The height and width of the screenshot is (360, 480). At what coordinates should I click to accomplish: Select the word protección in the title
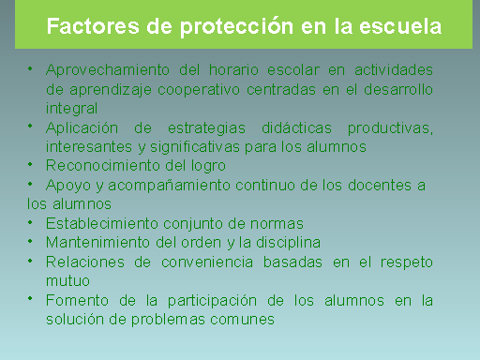[x=239, y=26]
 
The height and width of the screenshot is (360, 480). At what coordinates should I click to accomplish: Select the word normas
[x=275, y=223]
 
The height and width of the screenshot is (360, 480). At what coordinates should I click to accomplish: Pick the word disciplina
[x=281, y=242]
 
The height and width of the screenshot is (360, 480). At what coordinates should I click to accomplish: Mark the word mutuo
[x=67, y=279]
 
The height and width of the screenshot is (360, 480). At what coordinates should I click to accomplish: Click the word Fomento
[x=74, y=300]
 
